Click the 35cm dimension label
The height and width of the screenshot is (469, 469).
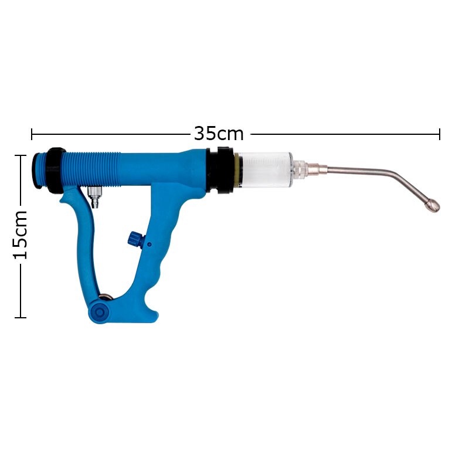pyautogui.click(x=219, y=134)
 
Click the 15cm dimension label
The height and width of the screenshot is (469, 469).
pyautogui.click(x=21, y=235)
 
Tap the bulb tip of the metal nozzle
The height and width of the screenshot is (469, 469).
pyautogui.click(x=432, y=206)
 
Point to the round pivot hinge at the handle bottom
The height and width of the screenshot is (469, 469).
pyautogui.click(x=99, y=312)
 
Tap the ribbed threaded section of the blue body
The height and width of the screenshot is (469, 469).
pyautogui.click(x=91, y=169)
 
